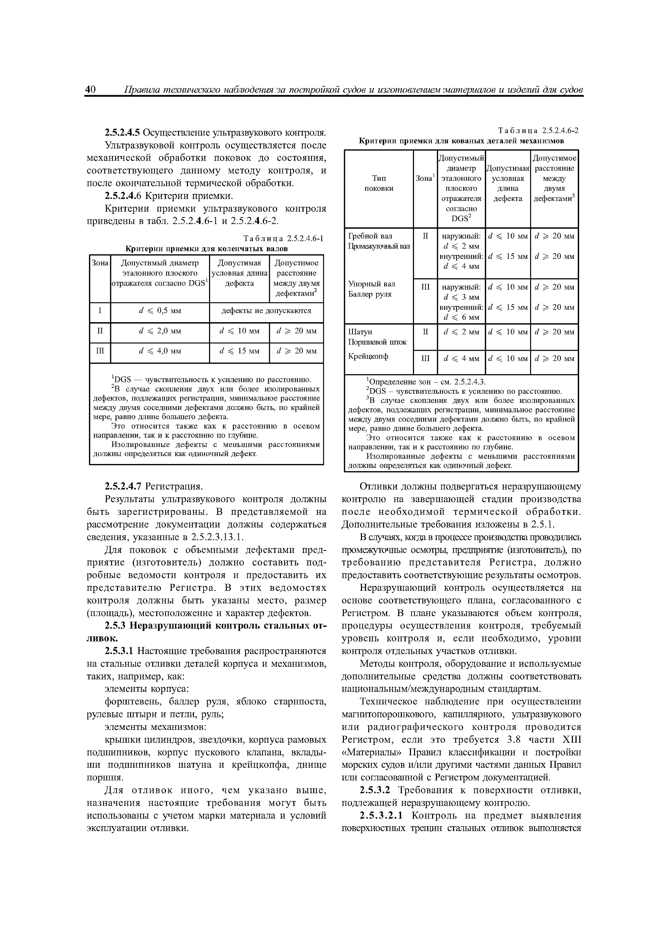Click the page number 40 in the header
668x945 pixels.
pyautogui.click(x=90, y=89)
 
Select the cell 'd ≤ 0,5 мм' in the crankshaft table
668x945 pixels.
pyautogui.click(x=160, y=311)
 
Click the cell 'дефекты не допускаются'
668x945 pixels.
pyautogui.click(x=266, y=311)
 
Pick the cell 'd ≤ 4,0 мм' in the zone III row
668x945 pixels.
pyautogui.click(x=160, y=351)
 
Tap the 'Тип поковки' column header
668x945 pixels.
pyautogui.click(x=379, y=183)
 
